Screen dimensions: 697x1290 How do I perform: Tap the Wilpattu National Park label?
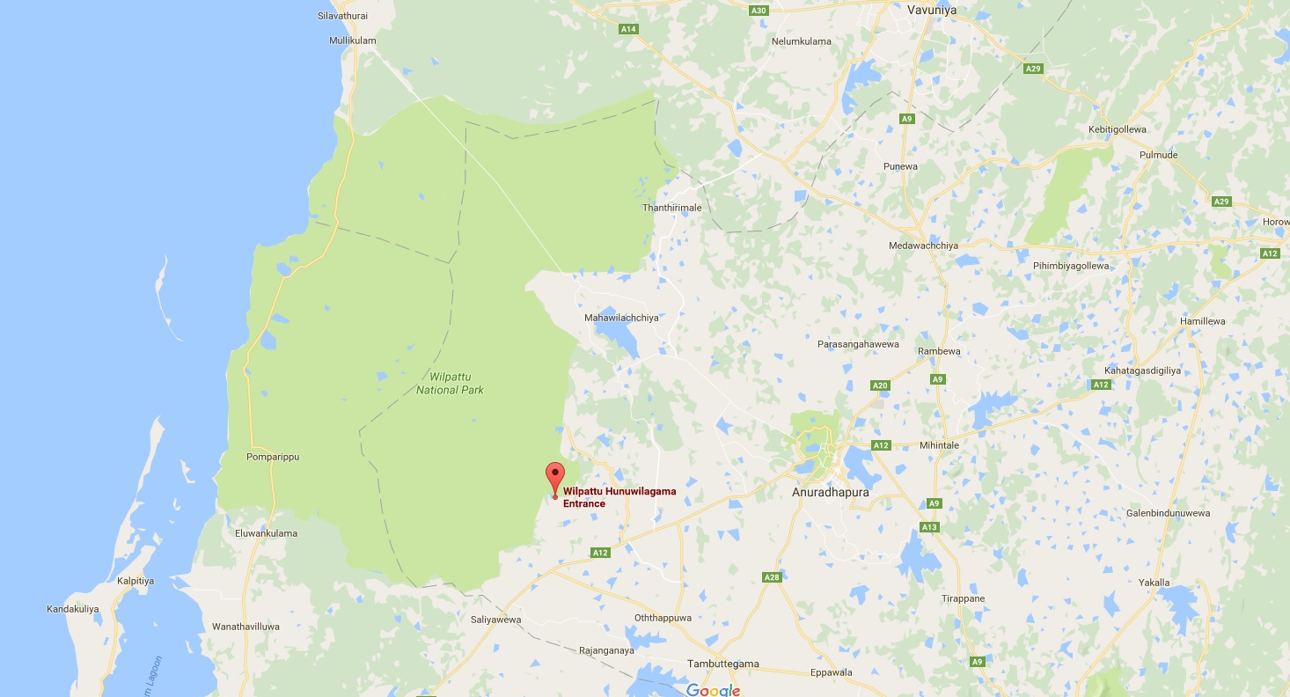[x=451, y=383]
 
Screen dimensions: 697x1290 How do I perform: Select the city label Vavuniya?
[x=931, y=10]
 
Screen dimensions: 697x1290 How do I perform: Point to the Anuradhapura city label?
[x=830, y=493]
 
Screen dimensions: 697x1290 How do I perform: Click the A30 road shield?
[x=759, y=10]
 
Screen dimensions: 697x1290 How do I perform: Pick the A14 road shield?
[x=628, y=29]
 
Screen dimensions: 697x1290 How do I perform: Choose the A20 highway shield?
[x=880, y=385]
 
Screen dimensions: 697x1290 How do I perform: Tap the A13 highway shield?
[x=929, y=527]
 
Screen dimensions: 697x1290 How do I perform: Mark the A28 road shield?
[x=772, y=577]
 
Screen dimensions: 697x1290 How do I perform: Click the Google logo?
[x=713, y=690]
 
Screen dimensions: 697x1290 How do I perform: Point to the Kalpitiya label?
[x=136, y=581]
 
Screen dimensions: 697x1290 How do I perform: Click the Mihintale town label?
[x=938, y=445]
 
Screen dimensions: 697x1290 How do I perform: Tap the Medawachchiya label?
[x=924, y=246]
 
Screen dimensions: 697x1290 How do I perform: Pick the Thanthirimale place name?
[x=672, y=208]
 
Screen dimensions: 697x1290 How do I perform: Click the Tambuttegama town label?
[x=723, y=664]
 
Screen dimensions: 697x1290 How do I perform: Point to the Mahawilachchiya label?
[x=621, y=318]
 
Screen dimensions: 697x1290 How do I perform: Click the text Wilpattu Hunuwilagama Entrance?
[x=619, y=497]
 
